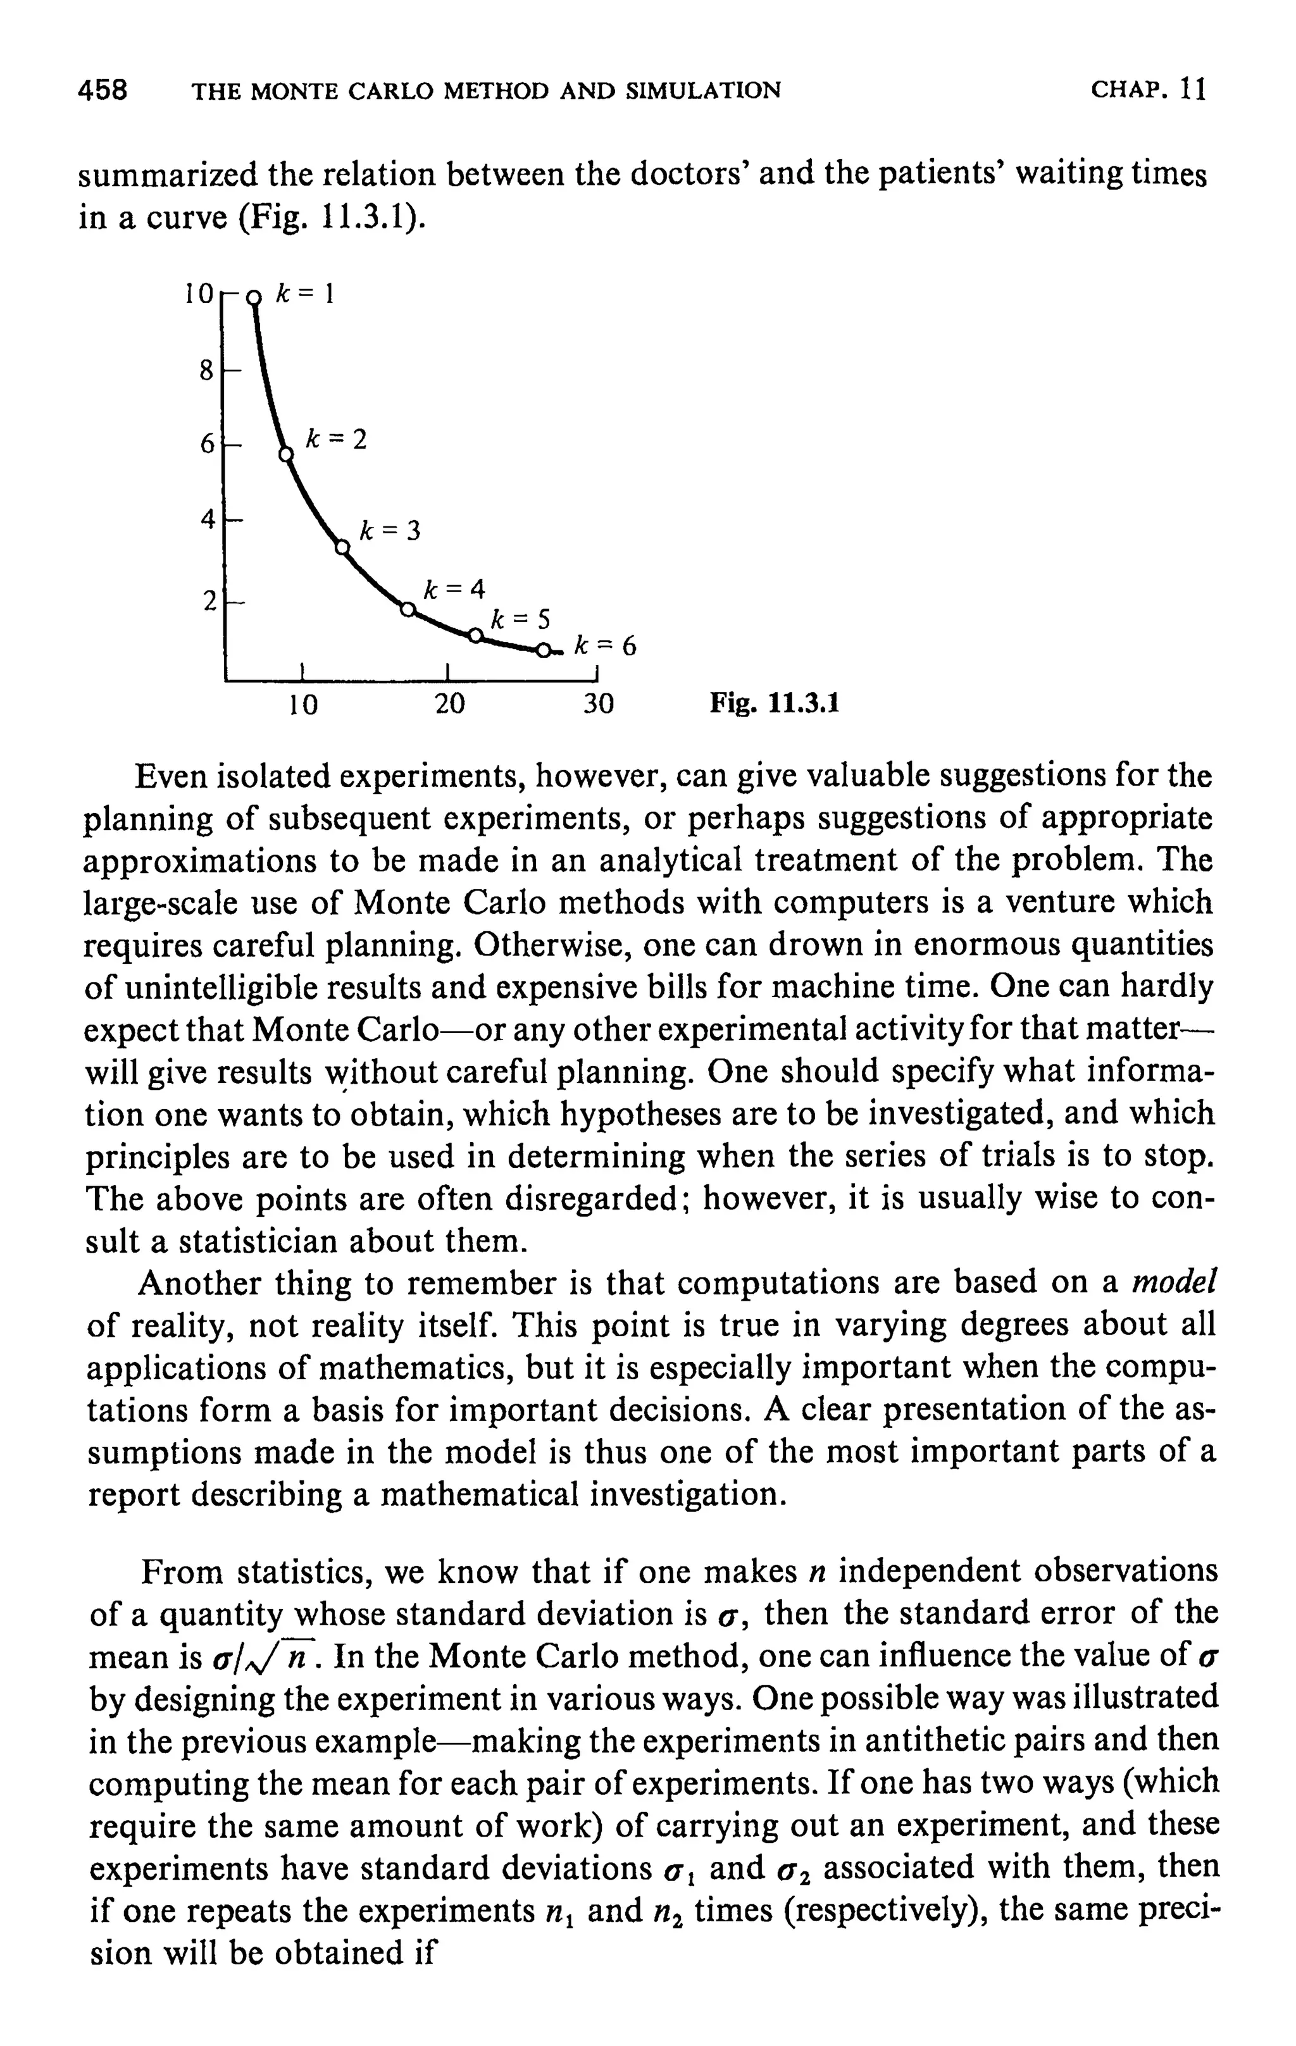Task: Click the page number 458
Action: pos(102,89)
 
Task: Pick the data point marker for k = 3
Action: pos(342,548)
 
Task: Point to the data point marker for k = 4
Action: pos(407,610)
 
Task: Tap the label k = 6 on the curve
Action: pos(604,646)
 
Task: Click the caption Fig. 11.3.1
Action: pos(774,704)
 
